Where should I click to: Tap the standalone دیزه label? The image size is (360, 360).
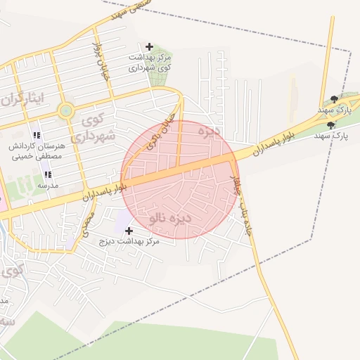tap(210, 131)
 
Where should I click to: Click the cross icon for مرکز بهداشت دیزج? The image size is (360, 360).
tap(129, 231)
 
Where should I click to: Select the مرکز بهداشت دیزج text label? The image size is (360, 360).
tap(130, 241)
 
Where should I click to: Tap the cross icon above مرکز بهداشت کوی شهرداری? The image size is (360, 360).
tap(149, 46)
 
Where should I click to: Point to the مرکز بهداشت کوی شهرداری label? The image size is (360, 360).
tap(149, 62)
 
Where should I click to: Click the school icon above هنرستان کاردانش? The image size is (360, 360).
tap(37, 135)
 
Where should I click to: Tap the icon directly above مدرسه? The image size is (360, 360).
tap(48, 174)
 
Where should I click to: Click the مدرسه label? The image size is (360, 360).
tap(47, 186)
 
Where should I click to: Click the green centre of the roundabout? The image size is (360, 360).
tap(66, 110)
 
